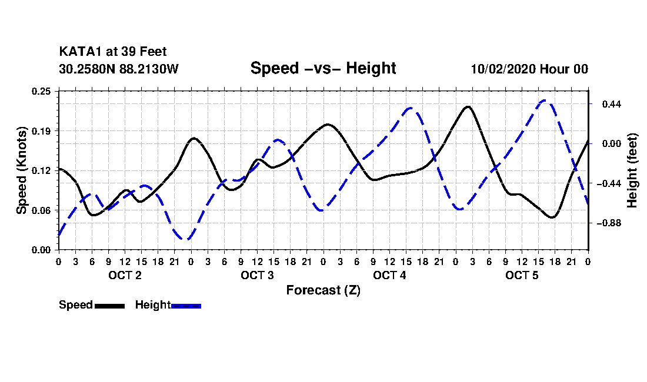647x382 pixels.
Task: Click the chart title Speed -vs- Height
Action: (x=323, y=68)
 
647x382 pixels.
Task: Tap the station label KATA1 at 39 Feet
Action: (x=113, y=52)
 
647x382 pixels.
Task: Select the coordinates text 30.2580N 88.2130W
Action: (x=118, y=69)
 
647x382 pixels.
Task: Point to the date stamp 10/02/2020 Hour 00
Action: (x=529, y=69)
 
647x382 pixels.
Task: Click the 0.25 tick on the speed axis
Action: (x=41, y=91)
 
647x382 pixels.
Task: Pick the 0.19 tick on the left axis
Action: (x=41, y=131)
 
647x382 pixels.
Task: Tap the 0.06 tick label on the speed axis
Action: (x=41, y=210)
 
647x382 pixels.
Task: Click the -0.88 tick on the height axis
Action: (x=609, y=223)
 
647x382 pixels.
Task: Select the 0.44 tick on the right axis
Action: (x=612, y=104)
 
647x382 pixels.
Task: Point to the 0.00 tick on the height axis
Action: (x=612, y=144)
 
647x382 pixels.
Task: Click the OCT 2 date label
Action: (x=125, y=275)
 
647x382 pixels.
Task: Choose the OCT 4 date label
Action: (x=389, y=275)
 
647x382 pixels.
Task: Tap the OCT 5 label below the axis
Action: (x=522, y=275)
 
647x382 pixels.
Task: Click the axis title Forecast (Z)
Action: (x=323, y=290)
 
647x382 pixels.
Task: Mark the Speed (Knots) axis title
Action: (x=21, y=170)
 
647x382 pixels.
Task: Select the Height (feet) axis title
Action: (x=632, y=170)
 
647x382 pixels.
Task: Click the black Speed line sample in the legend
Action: (x=109, y=306)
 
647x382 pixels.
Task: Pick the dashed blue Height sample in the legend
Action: (x=186, y=306)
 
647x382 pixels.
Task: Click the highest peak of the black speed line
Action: (x=468, y=107)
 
